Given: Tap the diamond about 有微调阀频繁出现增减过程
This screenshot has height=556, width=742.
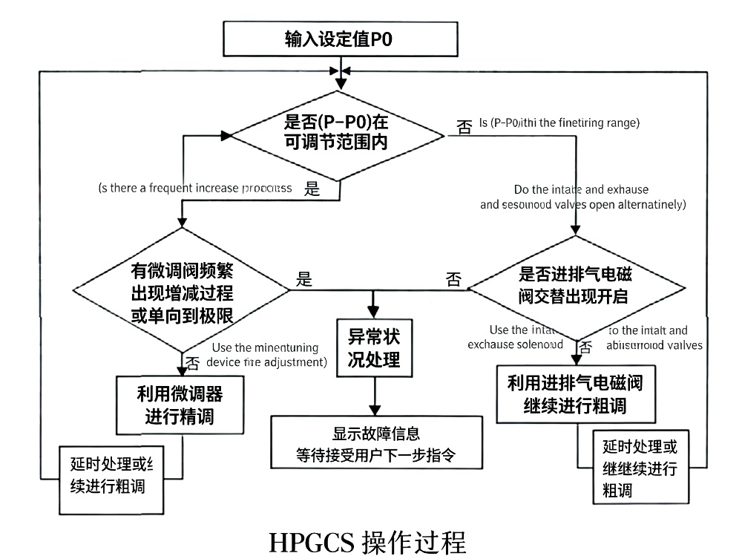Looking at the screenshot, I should pos(183,290).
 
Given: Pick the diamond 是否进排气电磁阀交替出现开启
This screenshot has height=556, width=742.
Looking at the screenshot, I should pos(574,286).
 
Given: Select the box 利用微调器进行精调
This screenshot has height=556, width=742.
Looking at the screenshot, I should pos(180,404).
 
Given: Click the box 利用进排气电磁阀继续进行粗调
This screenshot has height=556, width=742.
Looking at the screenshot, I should pos(574,394).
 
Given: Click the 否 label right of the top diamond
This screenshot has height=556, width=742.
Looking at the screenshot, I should pos(464,127).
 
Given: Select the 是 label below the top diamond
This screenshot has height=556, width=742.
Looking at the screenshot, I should pos(312,189).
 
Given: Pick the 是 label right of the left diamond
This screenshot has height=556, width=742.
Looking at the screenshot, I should pos(304,280).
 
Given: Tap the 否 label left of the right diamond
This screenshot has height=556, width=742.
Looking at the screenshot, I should pos(453,280).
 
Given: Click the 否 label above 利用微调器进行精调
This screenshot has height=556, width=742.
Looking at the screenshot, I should pos(192,363).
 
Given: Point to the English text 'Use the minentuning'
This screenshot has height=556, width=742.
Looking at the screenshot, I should pos(265,347).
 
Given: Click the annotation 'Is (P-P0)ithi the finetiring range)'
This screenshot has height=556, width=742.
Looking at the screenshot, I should pos(559,122).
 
